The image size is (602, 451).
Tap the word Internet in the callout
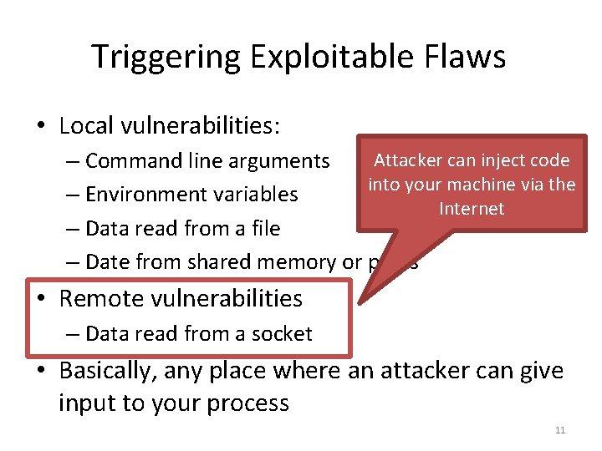coord(472,208)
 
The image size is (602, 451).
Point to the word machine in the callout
coord(479,184)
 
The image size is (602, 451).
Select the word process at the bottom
coord(249,403)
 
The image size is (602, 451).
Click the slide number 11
coord(560,430)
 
